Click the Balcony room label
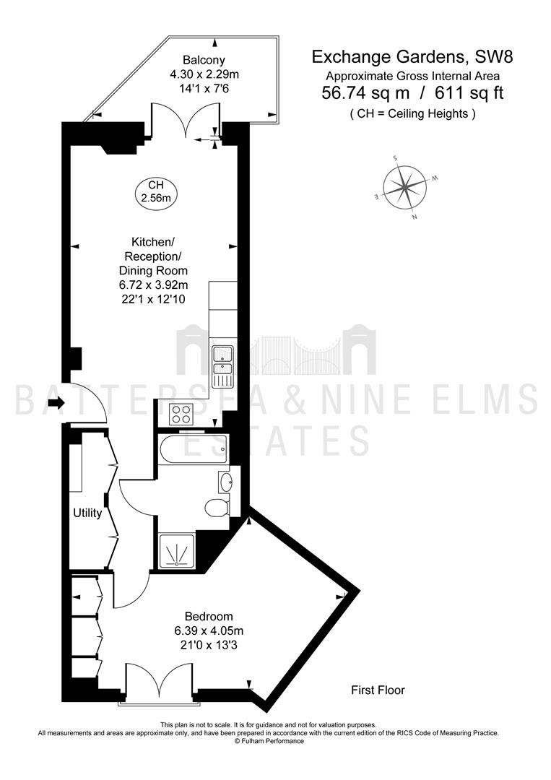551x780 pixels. tap(204, 60)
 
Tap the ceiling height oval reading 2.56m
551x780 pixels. tap(156, 191)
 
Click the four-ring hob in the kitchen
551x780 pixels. tap(181, 415)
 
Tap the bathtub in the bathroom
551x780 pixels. tap(194, 449)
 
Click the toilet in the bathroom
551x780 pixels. tap(217, 508)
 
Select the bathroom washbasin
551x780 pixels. tap(226, 482)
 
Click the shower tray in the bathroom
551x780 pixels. tap(177, 552)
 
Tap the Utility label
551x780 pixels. tap(87, 513)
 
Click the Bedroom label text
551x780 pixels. tap(209, 617)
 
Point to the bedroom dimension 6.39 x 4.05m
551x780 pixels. tap(209, 630)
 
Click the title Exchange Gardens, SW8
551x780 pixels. tap(412, 57)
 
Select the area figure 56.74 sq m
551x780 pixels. tap(365, 93)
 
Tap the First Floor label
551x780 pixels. tap(378, 690)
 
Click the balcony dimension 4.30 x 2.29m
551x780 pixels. tap(204, 74)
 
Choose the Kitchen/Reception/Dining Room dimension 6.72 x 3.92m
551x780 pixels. tap(153, 285)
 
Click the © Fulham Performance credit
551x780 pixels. tap(269, 741)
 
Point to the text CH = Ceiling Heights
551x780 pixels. tap(413, 114)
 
